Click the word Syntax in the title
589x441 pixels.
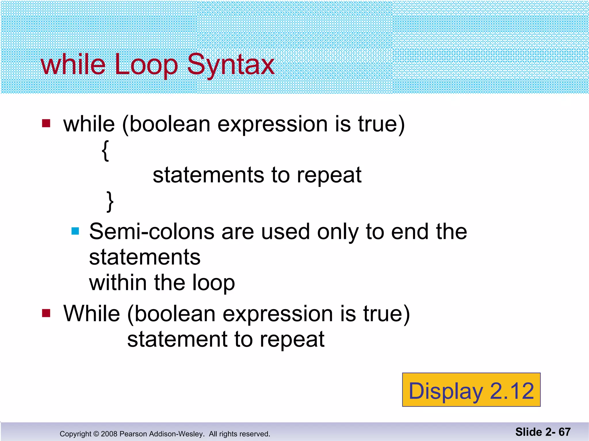tap(231, 65)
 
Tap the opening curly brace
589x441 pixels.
tap(106, 151)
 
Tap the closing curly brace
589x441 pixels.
tap(110, 202)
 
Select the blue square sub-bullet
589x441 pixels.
tap(75, 231)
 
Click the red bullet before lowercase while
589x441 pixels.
tap(46, 123)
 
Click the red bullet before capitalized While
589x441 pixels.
tap(46, 313)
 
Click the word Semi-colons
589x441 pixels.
tap(152, 231)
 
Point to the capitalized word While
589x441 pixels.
tap(91, 314)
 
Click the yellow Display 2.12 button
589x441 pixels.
tap(471, 390)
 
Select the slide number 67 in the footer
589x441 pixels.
tap(565, 432)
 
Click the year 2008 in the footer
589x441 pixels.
tap(109, 434)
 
